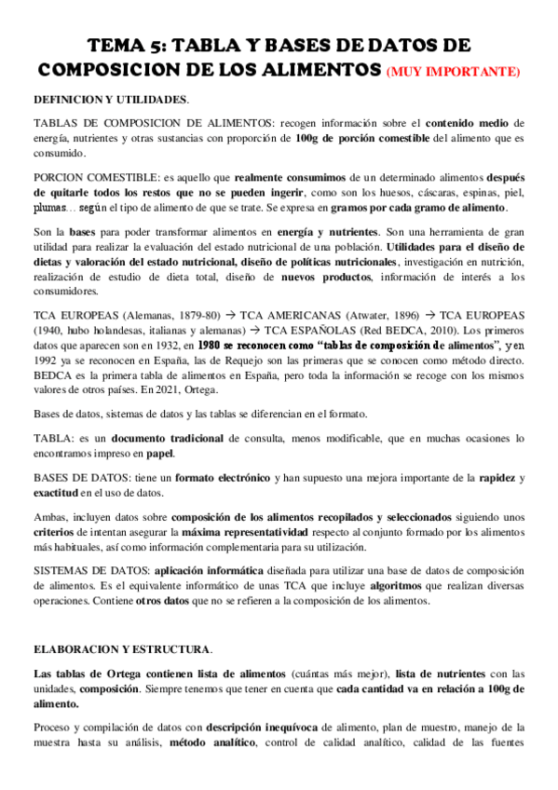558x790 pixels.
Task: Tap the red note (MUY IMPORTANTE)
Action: pyautogui.click(x=455, y=72)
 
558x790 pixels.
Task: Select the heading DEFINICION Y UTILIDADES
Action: pyautogui.click(x=110, y=99)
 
